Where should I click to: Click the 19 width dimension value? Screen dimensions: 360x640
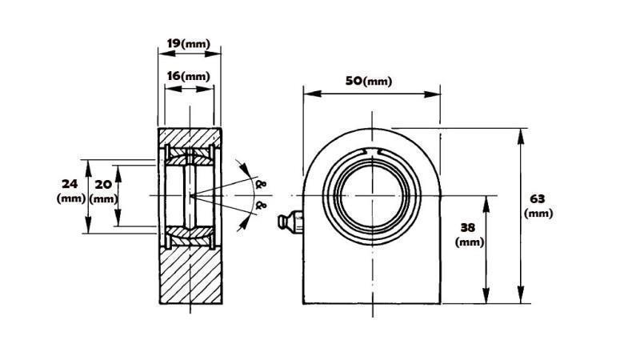click(173, 43)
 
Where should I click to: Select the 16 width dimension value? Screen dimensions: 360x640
click(173, 76)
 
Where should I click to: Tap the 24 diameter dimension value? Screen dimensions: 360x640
click(70, 183)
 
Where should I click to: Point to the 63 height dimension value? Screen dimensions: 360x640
click(538, 198)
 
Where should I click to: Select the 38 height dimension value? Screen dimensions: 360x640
click(470, 226)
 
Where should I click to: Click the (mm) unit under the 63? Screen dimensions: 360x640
click(538, 213)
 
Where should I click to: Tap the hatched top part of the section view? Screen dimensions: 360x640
click(190, 135)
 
